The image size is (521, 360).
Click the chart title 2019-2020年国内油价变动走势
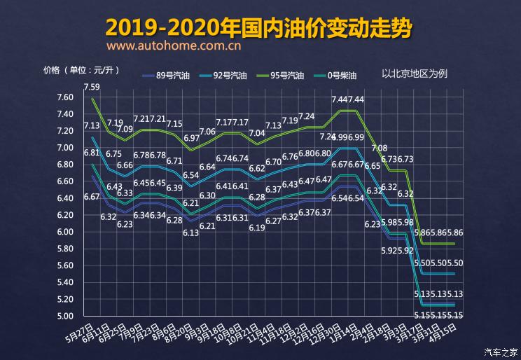(259, 27)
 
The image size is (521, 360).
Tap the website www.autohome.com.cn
(174, 47)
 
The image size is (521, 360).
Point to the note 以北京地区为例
(414, 73)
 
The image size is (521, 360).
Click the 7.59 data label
(92, 88)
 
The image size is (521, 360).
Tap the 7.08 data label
(380, 148)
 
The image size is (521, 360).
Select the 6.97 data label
(191, 139)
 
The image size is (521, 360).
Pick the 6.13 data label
(191, 233)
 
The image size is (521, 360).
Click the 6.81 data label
(91, 153)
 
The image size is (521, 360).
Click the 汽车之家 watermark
(501, 352)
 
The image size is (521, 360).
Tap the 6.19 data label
(256, 228)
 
